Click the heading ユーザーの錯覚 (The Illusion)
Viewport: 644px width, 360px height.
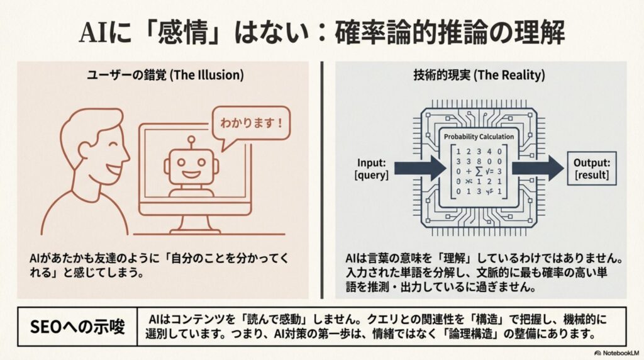tap(165, 74)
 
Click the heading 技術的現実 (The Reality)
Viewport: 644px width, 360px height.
tap(484, 74)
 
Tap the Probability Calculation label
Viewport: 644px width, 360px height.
tap(479, 137)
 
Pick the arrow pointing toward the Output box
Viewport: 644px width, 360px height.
tap(538, 168)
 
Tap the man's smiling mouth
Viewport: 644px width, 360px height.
tap(117, 169)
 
